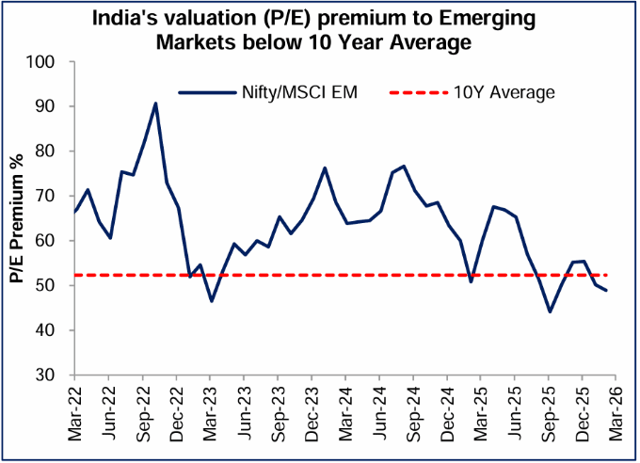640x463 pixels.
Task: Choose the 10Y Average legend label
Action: [x=504, y=91]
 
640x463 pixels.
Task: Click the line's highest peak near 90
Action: [x=155, y=104]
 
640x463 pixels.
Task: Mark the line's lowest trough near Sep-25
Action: [x=550, y=311]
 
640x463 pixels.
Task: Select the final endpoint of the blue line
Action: [x=606, y=290]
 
